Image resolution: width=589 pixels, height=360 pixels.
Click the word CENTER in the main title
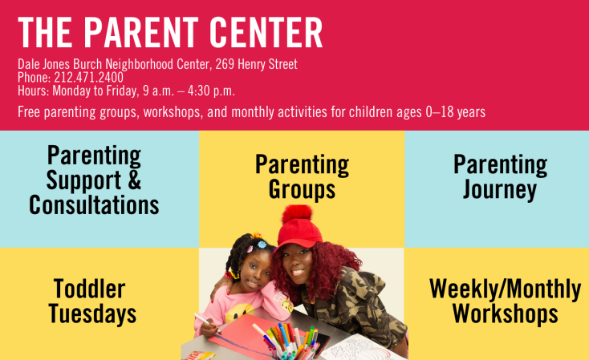[x=266, y=33]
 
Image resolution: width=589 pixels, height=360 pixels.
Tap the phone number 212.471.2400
[x=88, y=77]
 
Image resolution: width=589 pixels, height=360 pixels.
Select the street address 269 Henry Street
[x=257, y=64]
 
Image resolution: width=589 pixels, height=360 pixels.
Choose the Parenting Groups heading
[x=302, y=177]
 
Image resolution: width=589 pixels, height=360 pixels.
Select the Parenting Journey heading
[x=500, y=177]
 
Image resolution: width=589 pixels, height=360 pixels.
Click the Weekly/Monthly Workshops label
[x=506, y=301]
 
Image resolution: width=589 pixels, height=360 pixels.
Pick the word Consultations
[x=94, y=205]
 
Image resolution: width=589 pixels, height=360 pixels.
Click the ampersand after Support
[x=134, y=180]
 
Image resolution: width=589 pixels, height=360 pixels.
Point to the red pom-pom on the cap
[x=297, y=214]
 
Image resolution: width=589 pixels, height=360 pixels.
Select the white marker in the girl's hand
[x=206, y=322]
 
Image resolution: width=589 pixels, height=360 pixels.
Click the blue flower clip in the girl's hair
[x=262, y=245]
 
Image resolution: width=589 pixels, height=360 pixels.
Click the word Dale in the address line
[x=29, y=64]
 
